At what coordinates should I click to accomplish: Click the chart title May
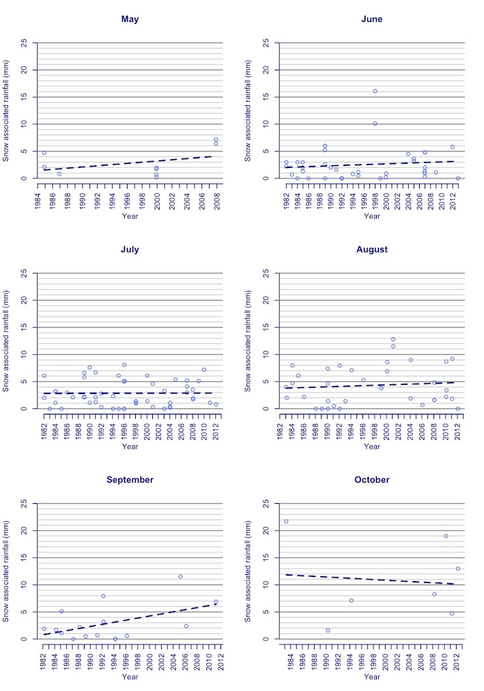130,19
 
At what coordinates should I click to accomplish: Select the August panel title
371,249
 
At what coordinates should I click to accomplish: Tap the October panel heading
371,480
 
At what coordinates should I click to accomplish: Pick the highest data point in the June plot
375,91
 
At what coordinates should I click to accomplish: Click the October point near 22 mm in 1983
286,521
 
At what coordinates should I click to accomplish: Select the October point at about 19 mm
446,536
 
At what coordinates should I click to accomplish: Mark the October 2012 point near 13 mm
457,568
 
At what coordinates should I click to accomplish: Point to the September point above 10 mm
180,576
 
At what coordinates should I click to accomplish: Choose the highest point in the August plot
393,339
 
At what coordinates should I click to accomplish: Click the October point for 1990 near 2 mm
328,630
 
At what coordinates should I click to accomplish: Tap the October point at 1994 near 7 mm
351,600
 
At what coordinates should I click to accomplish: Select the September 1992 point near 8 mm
103,596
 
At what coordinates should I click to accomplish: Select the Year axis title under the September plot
130,677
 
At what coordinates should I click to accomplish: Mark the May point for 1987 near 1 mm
59,174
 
